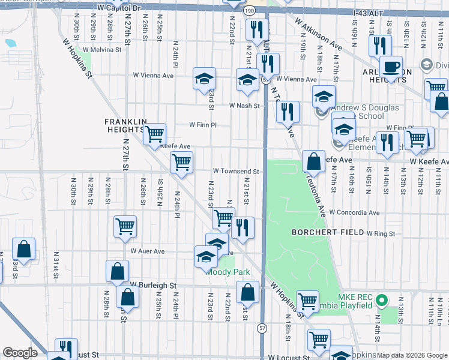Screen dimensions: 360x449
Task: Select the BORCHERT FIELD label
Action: tap(328, 232)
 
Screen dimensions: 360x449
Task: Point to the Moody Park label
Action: tap(228, 272)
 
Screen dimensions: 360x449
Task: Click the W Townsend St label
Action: tap(235, 172)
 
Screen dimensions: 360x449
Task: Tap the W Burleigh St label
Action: tap(153, 284)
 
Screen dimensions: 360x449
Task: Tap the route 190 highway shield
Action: tap(249, 10)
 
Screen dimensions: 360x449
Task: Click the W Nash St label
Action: tap(244, 106)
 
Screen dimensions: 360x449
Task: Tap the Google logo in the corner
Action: tap(20, 353)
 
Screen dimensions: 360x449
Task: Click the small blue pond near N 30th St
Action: tap(10, 43)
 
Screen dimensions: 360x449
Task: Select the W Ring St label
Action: tap(381, 233)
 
